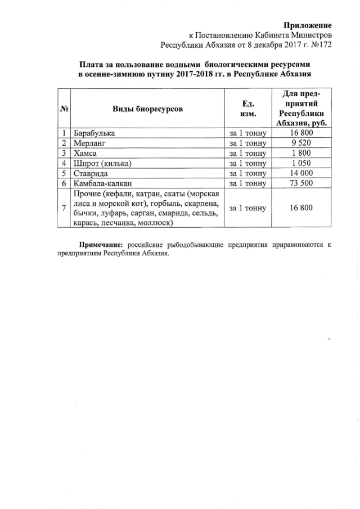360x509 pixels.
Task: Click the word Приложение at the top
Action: tap(307, 25)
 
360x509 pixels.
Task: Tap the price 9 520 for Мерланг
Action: tap(301, 143)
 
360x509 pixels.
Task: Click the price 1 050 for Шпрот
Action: tap(301, 163)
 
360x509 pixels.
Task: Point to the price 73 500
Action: tap(301, 183)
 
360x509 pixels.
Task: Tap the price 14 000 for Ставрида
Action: tap(301, 173)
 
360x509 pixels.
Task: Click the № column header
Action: tap(65, 109)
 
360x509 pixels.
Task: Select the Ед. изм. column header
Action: tap(248, 109)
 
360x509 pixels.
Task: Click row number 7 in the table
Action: tap(65, 208)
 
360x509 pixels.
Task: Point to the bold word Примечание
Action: tap(101, 245)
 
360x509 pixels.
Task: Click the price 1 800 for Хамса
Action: tap(301, 153)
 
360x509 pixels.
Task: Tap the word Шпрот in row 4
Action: tap(87, 163)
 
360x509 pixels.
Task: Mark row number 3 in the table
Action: tap(65, 153)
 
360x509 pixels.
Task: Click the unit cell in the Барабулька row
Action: tap(248, 133)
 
